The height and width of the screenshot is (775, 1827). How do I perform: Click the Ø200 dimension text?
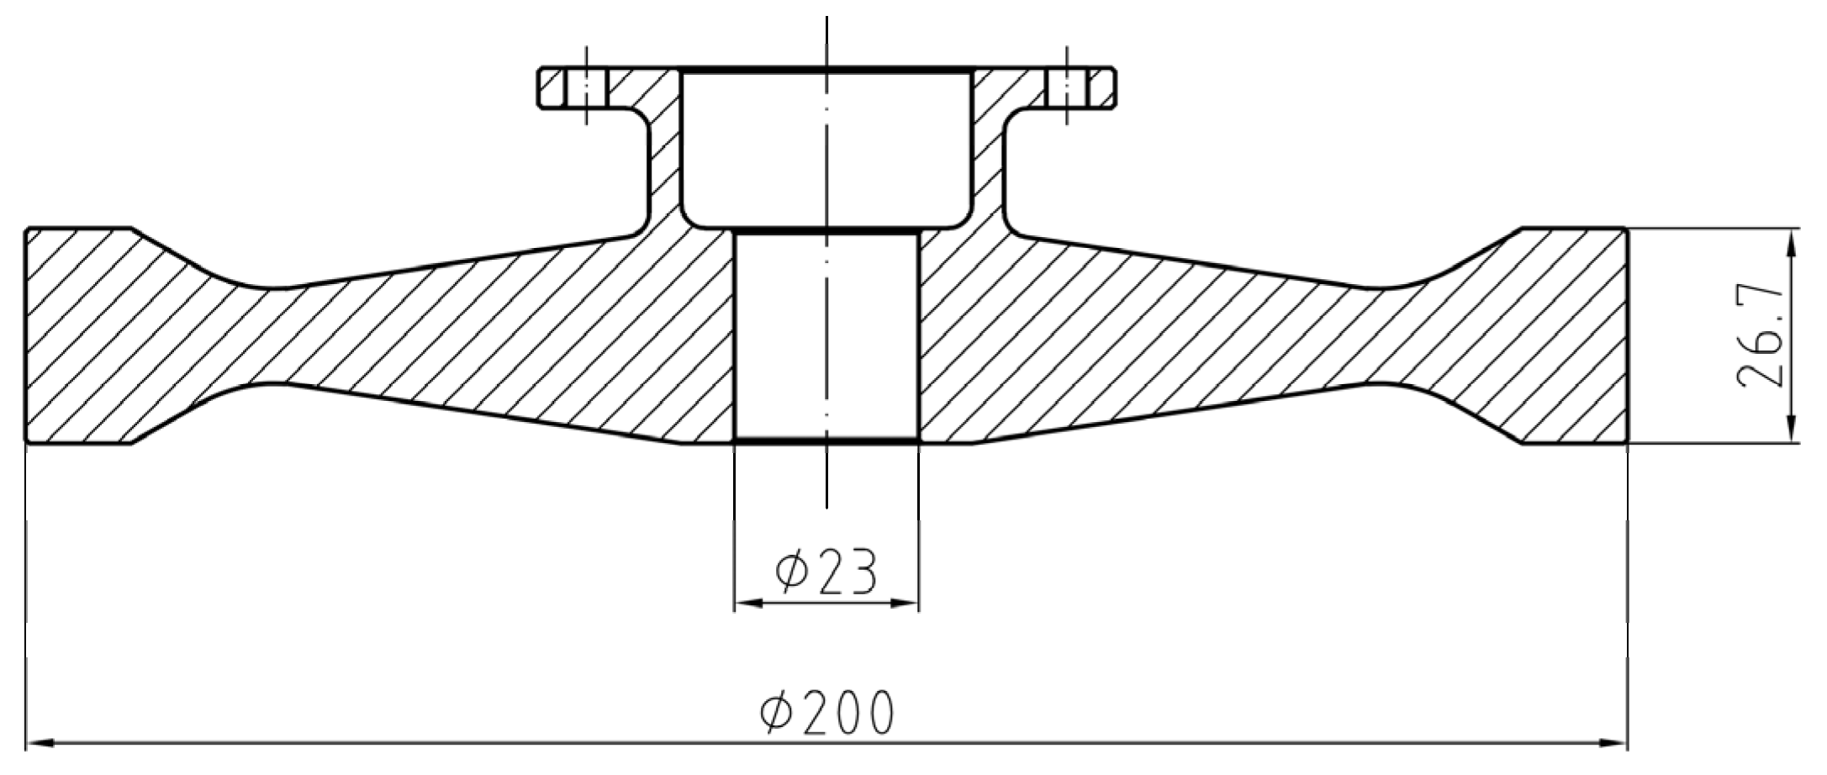pos(827,714)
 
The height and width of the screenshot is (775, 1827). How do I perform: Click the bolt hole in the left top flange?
pos(587,87)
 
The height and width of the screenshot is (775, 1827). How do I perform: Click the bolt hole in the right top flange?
pos(1068,87)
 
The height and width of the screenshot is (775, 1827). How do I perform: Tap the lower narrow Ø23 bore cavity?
pos(827,336)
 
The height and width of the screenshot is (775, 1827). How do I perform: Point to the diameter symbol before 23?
pos(791,572)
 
